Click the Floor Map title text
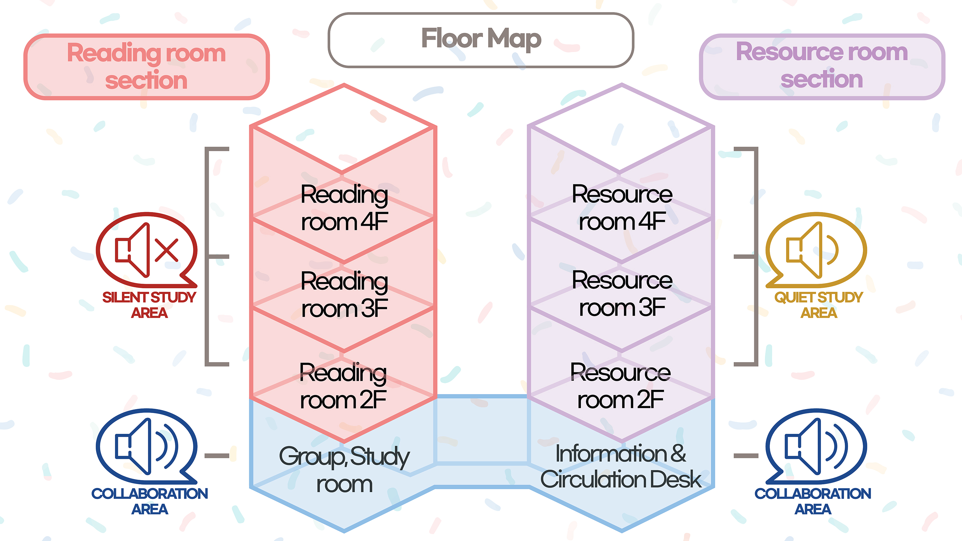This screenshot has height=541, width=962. (481, 38)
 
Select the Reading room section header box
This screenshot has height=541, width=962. (146, 67)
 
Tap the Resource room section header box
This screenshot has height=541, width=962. (822, 66)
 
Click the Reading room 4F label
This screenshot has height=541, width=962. (344, 208)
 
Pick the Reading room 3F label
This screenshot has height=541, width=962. (344, 294)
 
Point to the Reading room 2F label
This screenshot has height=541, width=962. (343, 386)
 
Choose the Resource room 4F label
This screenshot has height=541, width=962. (622, 208)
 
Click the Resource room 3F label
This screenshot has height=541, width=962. (622, 294)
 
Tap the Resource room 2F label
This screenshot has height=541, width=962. (620, 386)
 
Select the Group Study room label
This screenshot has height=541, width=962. (344, 470)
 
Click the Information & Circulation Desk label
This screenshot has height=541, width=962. (620, 466)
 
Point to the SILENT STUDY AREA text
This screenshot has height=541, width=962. (149, 305)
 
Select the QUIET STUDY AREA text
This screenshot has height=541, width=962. (819, 305)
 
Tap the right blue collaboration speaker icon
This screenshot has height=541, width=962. (816, 446)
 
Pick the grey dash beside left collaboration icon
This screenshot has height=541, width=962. (217, 455)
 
